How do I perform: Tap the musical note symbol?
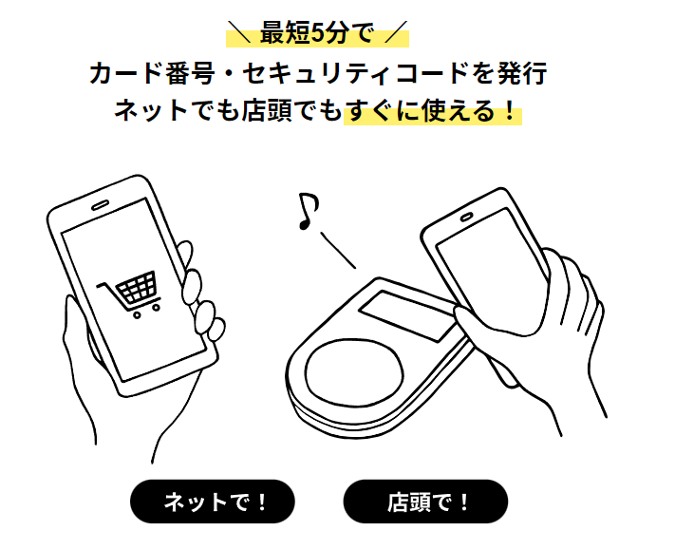pyautogui.click(x=309, y=211)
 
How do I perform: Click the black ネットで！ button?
pyautogui.click(x=213, y=502)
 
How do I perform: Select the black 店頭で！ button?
pyautogui.click(x=425, y=502)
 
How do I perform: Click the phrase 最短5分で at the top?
pyautogui.click(x=317, y=33)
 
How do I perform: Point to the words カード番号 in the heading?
pyautogui.click(x=152, y=73)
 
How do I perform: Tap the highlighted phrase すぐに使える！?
pyautogui.click(x=432, y=111)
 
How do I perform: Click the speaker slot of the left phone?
pyautogui.click(x=100, y=205)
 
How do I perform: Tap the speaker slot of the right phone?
pyautogui.click(x=466, y=218)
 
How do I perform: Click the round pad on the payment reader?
pyautogui.click(x=355, y=370)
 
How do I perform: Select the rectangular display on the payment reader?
pyautogui.click(x=407, y=315)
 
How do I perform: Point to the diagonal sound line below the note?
pyautogui.click(x=338, y=250)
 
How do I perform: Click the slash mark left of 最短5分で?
pyautogui.click(x=239, y=31)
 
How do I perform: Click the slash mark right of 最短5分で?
pyautogui.click(x=395, y=31)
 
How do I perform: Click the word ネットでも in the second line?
pyautogui.click(x=177, y=111)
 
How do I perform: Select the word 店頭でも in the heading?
pyautogui.click(x=291, y=111)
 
